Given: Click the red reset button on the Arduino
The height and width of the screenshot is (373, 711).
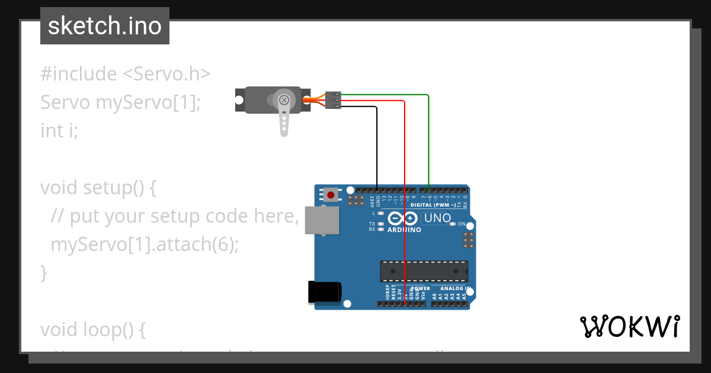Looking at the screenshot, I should click(331, 194).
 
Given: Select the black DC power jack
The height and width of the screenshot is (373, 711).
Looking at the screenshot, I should click(324, 292).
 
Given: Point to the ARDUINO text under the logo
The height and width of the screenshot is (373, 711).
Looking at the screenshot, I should click(404, 230).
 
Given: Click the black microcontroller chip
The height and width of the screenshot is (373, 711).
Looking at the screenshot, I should click(424, 271).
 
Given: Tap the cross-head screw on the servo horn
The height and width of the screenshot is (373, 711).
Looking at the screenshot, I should click(284, 99).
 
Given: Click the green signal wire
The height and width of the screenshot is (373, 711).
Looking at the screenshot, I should click(428, 136).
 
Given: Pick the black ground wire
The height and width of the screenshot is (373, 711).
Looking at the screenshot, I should click(377, 142).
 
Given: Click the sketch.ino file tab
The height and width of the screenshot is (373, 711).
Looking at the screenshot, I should click(105, 26).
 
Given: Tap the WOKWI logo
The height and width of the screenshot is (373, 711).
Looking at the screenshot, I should click(629, 327).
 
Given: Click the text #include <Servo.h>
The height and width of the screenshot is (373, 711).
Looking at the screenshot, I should click(126, 74).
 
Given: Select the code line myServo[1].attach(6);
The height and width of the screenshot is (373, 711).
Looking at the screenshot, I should click(145, 244).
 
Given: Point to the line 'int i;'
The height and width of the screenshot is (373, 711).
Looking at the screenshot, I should click(59, 130).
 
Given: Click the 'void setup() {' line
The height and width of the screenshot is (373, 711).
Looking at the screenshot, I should click(98, 187).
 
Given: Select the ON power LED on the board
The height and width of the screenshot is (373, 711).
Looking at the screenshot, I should click(453, 224).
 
